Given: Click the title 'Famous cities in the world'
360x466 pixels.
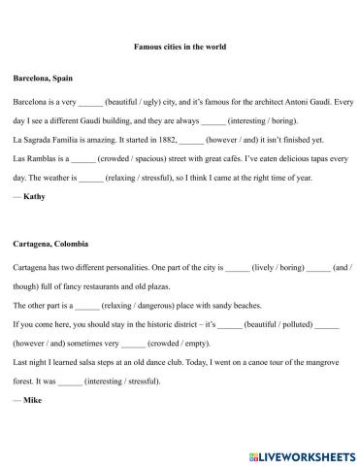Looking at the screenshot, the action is (180, 45).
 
